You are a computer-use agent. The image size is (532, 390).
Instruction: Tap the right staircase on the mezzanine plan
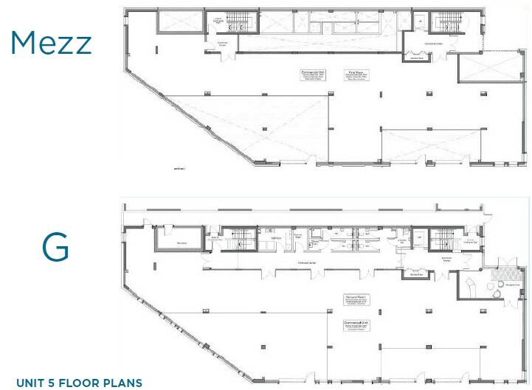pyautogui.click(x=446, y=23)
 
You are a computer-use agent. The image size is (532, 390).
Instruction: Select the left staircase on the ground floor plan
pyautogui.click(x=239, y=240)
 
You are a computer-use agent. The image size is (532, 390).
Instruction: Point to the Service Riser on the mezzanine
pyautogui.click(x=416, y=58)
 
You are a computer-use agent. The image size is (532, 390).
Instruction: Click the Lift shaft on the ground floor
pyautogui.click(x=419, y=240)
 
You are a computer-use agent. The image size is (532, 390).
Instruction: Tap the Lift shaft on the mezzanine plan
pyautogui.click(x=419, y=22)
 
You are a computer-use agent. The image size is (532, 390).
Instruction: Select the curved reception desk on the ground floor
pyautogui.click(x=468, y=286)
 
